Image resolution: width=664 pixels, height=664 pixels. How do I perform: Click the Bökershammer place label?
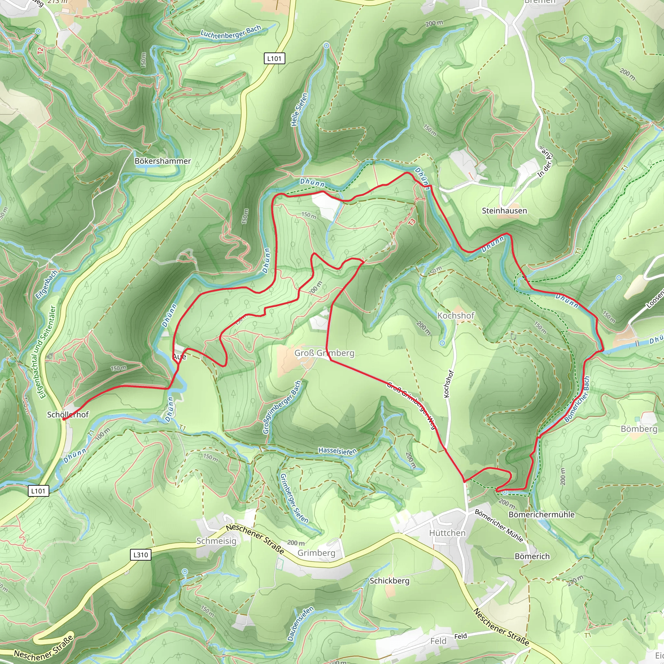point(162,161)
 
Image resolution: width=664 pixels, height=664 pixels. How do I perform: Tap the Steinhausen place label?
point(504,211)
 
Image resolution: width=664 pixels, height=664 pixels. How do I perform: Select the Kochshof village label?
point(456,315)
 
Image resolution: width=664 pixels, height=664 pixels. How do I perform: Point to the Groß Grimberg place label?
point(324,353)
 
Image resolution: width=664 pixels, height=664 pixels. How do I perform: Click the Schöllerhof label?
point(68,414)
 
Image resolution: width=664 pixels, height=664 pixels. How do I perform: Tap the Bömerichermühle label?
point(541,515)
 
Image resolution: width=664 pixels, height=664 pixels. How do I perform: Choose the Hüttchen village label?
point(447,533)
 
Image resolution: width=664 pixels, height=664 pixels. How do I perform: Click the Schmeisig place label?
point(216,541)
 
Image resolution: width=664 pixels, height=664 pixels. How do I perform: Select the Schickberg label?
point(389,580)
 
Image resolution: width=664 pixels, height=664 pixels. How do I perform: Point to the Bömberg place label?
point(639,429)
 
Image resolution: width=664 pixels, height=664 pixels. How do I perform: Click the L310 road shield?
point(141,555)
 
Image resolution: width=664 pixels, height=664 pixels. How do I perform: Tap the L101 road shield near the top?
point(274,59)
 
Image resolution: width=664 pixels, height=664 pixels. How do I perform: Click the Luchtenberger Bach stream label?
point(231,32)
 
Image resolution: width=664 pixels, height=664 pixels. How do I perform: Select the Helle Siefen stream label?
point(299,110)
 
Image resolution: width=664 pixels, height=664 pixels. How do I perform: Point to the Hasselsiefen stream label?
point(338,451)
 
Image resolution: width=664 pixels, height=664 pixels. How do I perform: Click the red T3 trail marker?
point(412,222)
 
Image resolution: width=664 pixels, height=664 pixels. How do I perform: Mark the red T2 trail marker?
point(41,51)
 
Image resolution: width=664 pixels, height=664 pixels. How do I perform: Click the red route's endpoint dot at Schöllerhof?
point(64,419)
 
